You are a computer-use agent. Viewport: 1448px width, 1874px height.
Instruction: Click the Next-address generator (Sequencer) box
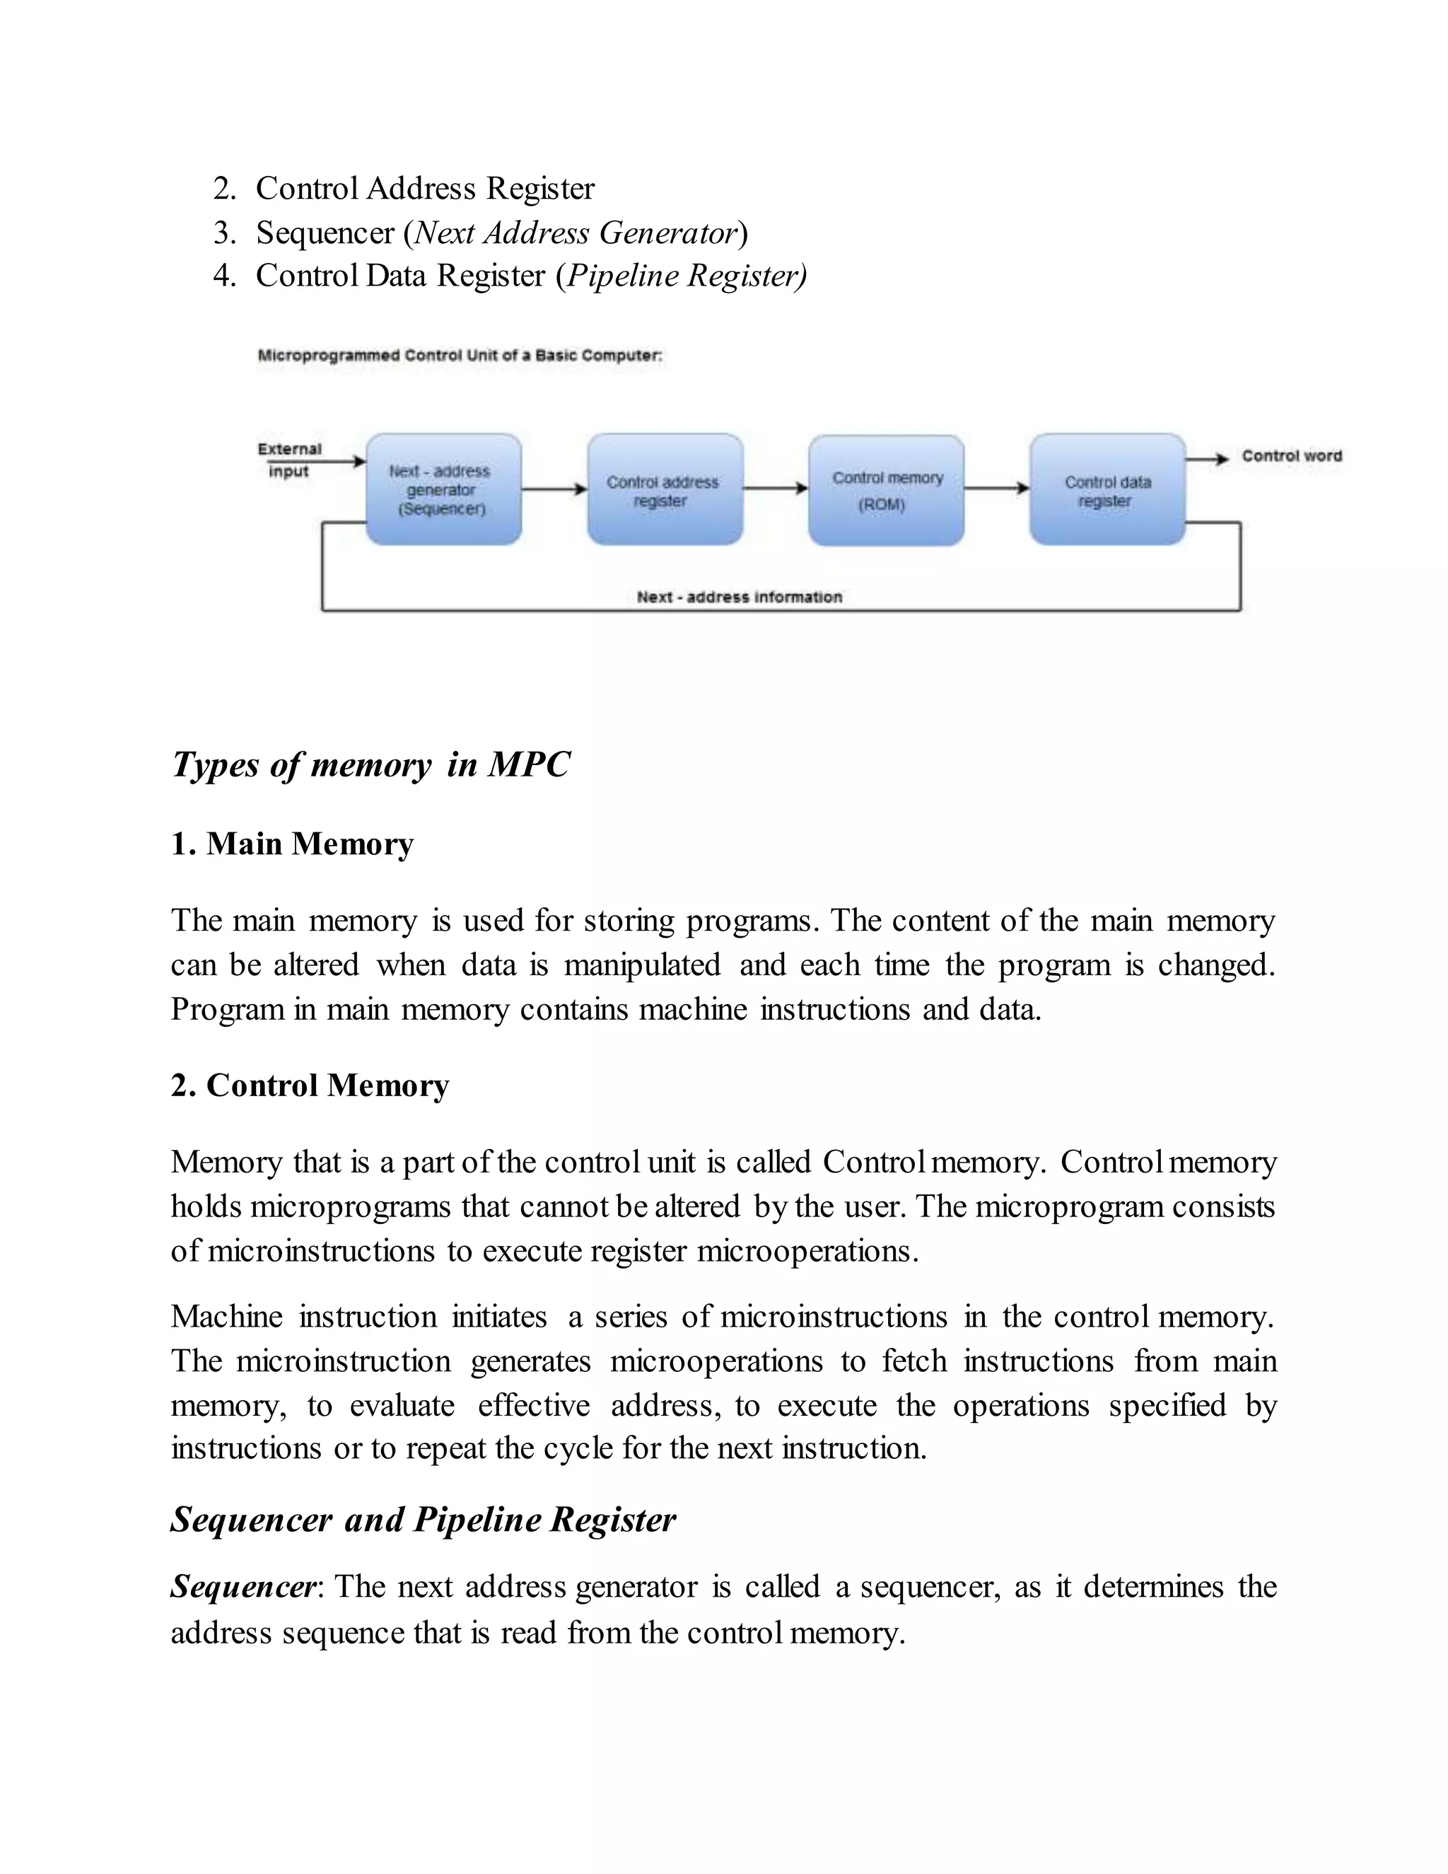(443, 489)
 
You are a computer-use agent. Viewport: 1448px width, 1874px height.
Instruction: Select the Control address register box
(665, 489)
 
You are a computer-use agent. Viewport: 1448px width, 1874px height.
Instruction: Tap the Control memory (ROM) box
(886, 490)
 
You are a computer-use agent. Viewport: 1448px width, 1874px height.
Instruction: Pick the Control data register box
(1107, 489)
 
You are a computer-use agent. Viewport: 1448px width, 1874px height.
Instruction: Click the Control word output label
(1291, 455)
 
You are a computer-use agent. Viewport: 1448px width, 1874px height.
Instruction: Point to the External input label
(289, 460)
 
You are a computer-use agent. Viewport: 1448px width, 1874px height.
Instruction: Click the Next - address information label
(739, 596)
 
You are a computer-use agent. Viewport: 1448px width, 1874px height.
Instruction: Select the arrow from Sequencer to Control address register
(554, 489)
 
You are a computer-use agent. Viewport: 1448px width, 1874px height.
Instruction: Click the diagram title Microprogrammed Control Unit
(460, 355)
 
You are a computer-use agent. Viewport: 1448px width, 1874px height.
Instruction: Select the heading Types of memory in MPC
(370, 764)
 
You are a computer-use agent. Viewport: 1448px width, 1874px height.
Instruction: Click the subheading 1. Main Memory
(292, 844)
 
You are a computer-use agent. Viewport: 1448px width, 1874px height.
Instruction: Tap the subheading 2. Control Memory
(310, 1086)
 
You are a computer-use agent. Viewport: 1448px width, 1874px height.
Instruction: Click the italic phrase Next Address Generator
(575, 233)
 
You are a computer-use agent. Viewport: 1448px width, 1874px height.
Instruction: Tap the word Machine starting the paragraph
(226, 1316)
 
